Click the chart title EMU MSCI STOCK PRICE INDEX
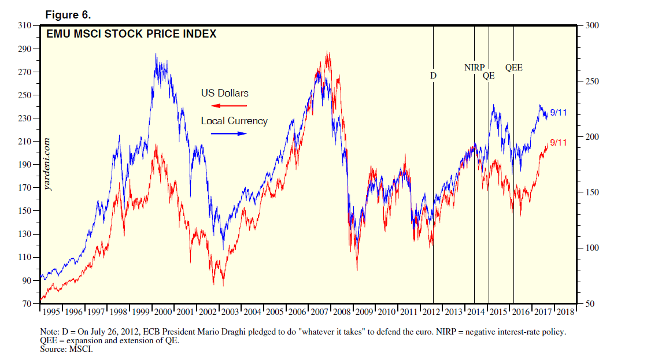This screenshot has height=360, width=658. (131, 34)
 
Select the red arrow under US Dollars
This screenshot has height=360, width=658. (228, 106)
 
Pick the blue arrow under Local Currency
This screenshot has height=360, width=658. (228, 133)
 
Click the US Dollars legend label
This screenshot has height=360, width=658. (225, 93)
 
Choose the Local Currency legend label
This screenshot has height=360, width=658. (234, 121)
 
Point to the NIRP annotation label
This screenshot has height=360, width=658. (475, 68)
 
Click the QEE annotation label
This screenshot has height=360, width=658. (513, 68)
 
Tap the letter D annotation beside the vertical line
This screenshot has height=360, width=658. (433, 76)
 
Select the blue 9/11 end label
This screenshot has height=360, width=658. (558, 113)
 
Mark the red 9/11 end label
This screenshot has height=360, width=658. (558, 143)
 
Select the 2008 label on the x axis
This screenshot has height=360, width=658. (341, 312)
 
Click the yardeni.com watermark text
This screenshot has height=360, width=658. (47, 165)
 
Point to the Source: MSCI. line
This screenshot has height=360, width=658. (66, 349)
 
